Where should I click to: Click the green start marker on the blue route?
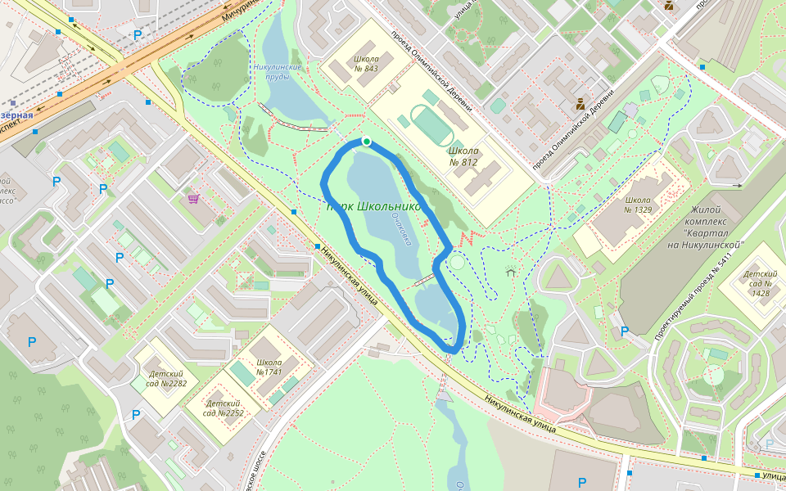[366, 142]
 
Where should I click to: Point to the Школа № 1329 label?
[638, 205]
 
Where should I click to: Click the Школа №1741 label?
[269, 367]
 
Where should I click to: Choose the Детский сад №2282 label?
[167, 379]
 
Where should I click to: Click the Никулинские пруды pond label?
[278, 72]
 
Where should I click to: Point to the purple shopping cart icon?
[193, 198]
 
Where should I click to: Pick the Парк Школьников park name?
[373, 206]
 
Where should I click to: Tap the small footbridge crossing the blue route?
[423, 282]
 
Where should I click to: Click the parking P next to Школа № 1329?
[625, 331]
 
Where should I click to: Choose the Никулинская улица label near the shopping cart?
[348, 275]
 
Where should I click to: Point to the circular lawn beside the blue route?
[455, 263]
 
